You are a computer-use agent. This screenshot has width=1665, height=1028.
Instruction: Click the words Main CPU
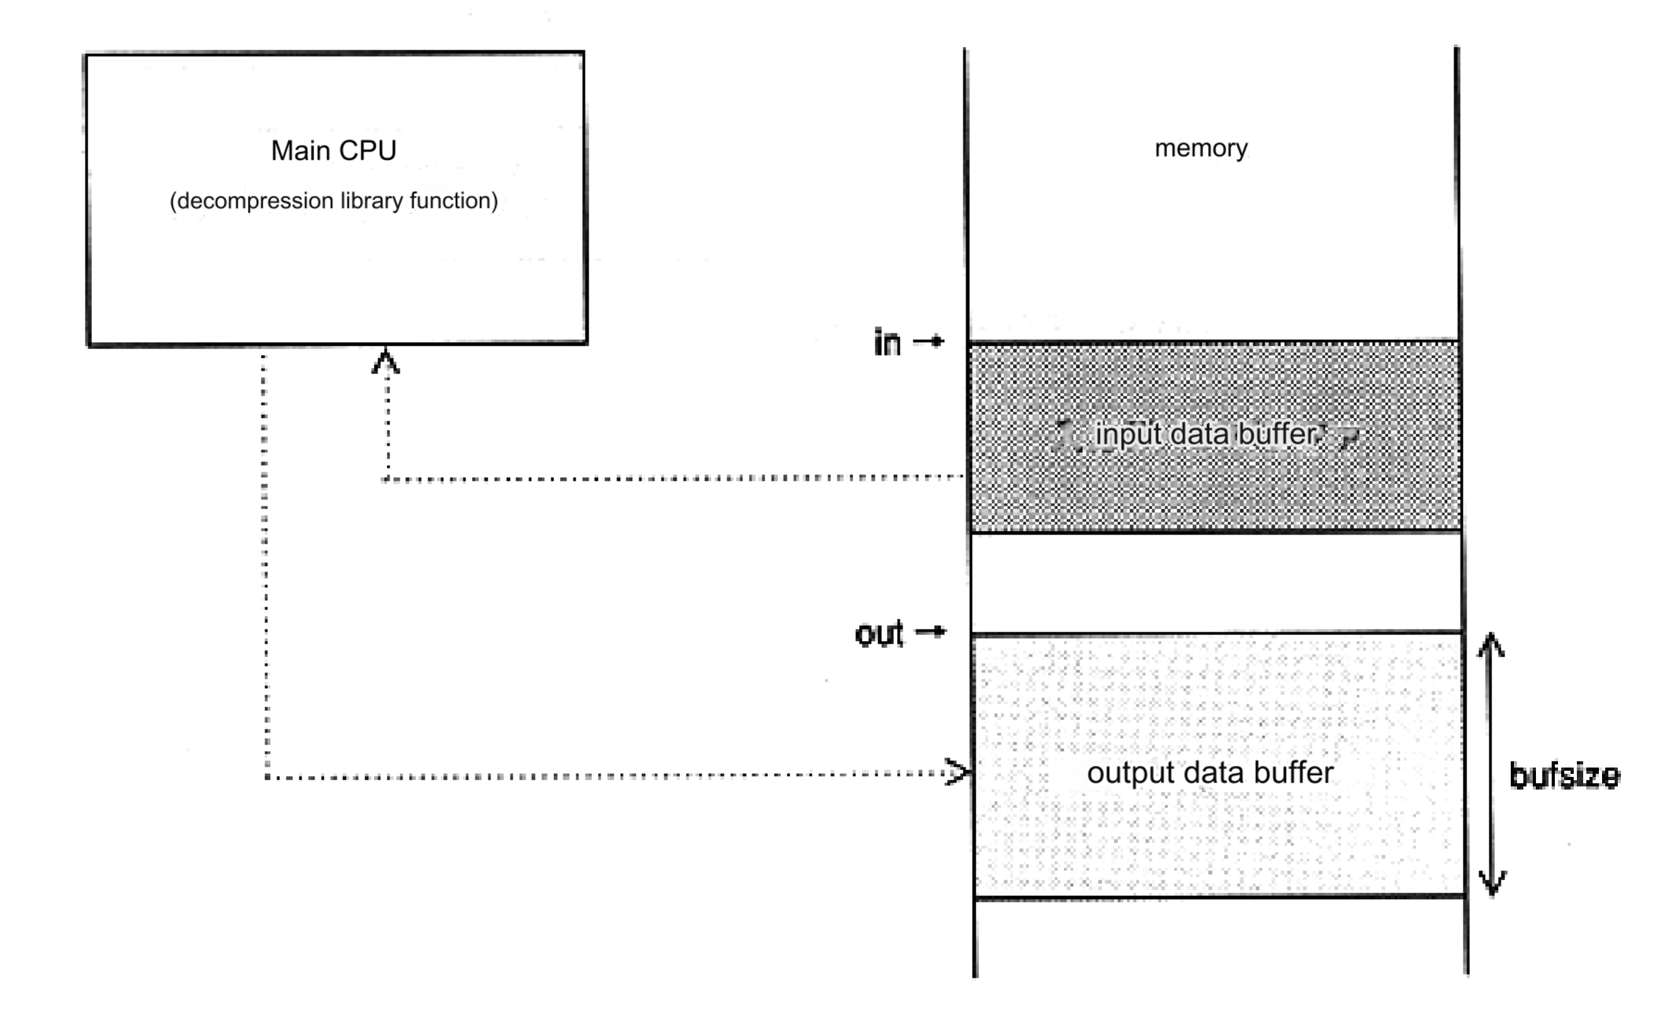pyautogui.click(x=333, y=151)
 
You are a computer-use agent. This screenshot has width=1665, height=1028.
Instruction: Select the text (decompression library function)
pyautogui.click(x=333, y=201)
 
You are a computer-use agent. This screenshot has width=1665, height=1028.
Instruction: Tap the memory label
pyautogui.click(x=1201, y=148)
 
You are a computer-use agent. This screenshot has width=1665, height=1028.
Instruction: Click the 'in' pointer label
pyautogui.click(x=887, y=343)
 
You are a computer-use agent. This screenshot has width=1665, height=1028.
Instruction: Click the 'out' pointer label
pyautogui.click(x=879, y=634)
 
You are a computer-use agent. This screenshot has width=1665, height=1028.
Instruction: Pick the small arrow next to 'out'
pyautogui.click(x=931, y=632)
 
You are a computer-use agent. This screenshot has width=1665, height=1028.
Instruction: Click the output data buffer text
pyautogui.click(x=1210, y=773)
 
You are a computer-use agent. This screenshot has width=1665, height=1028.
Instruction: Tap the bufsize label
pyautogui.click(x=1564, y=776)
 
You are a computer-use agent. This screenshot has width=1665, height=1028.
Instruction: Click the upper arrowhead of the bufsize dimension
pyautogui.click(x=1490, y=644)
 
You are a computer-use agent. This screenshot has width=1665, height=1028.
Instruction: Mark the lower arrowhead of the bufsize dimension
pyautogui.click(x=1493, y=883)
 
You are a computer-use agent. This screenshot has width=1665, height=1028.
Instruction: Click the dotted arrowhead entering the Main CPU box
pyautogui.click(x=386, y=361)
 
